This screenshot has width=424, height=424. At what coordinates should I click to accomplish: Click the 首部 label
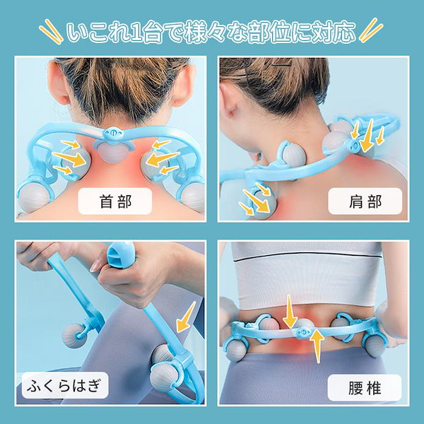tap(115, 201)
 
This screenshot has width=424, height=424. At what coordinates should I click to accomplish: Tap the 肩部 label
tap(365, 201)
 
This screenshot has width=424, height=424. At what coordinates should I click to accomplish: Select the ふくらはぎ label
tap(65, 385)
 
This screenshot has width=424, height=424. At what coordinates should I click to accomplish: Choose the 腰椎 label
tap(365, 388)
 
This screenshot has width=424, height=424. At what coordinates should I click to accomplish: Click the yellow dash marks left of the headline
tap(51, 31)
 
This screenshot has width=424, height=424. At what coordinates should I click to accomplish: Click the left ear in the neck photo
tap(57, 84)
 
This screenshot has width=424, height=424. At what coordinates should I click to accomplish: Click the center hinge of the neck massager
tap(112, 133)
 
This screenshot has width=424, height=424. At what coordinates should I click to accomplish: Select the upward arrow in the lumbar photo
tap(317, 346)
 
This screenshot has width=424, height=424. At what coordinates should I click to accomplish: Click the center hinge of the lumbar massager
tap(303, 332)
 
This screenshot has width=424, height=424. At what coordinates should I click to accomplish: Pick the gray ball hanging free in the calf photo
tap(73, 336)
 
